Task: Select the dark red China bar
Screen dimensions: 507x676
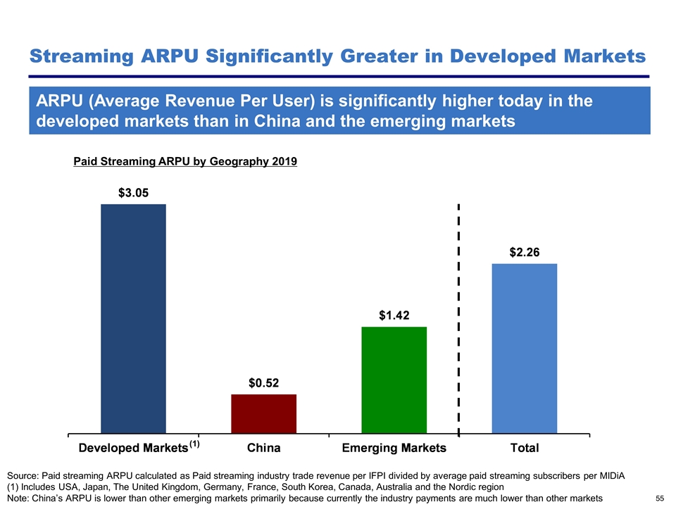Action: click(x=263, y=413)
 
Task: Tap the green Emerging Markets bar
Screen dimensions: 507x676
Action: click(x=394, y=380)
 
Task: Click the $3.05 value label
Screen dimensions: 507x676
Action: click(x=132, y=192)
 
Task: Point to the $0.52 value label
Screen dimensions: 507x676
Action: click(x=263, y=383)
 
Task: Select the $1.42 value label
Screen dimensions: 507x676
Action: click(x=394, y=315)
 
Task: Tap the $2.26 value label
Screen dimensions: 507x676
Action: click(x=525, y=252)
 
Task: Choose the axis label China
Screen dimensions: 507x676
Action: click(x=263, y=448)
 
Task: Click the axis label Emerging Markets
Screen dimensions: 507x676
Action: click(x=394, y=448)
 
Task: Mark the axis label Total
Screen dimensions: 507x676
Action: click(x=525, y=448)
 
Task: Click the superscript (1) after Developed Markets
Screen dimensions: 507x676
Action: click(x=194, y=444)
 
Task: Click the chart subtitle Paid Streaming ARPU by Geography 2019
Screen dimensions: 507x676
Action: click(x=185, y=162)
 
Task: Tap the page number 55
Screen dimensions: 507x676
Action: click(x=660, y=498)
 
